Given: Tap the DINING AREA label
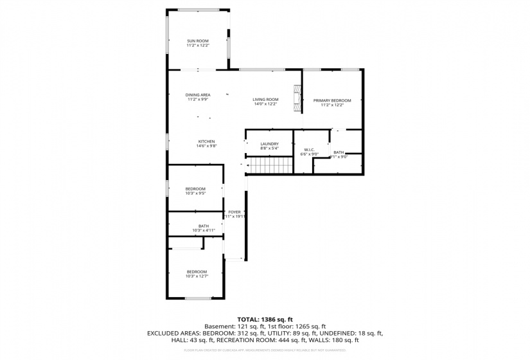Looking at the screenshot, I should (197, 95).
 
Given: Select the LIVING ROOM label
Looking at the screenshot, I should (265, 99).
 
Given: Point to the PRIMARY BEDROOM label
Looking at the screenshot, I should (332, 100).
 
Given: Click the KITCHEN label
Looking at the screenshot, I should (206, 141).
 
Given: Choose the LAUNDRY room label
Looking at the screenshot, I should (269, 144).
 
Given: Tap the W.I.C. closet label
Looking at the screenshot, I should (310, 150).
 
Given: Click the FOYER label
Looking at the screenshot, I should (234, 212).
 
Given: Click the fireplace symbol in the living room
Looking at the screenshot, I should (297, 99).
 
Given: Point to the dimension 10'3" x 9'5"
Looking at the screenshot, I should (195, 193).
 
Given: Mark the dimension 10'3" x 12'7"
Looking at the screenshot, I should (197, 276).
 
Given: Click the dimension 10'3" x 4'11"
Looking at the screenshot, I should (203, 230).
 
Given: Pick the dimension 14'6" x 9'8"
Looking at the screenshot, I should (206, 146).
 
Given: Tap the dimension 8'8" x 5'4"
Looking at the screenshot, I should (269, 148).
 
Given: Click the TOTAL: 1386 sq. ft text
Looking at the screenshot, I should (265, 319).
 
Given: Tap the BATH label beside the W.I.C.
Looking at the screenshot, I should (339, 152).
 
